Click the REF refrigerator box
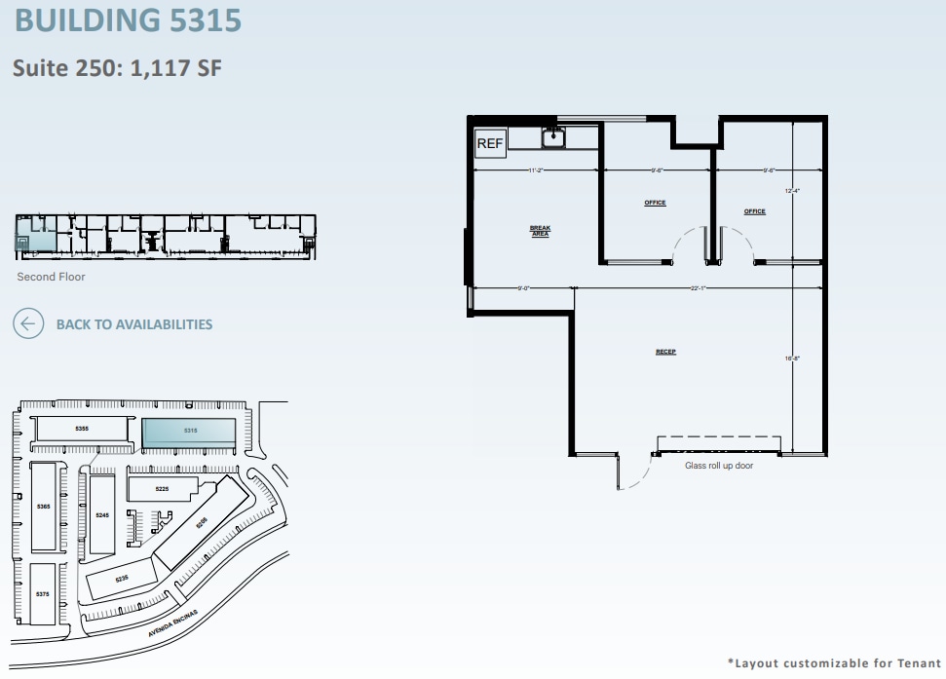[x=489, y=144]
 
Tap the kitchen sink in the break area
[x=554, y=137]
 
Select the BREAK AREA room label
[x=540, y=231]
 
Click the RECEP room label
[x=665, y=352]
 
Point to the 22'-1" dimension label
[x=697, y=288]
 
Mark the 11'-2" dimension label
[x=535, y=170]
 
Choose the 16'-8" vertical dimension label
[x=792, y=358]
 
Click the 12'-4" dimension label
[x=792, y=191]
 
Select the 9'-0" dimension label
[x=523, y=288]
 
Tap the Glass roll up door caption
[x=719, y=466]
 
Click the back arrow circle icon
[x=28, y=324]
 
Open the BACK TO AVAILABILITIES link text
[x=134, y=324]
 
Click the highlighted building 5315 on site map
[x=189, y=431]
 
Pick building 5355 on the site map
[x=82, y=429]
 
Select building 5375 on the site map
[x=43, y=593]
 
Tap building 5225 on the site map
[x=162, y=488]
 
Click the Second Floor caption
[x=51, y=277]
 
